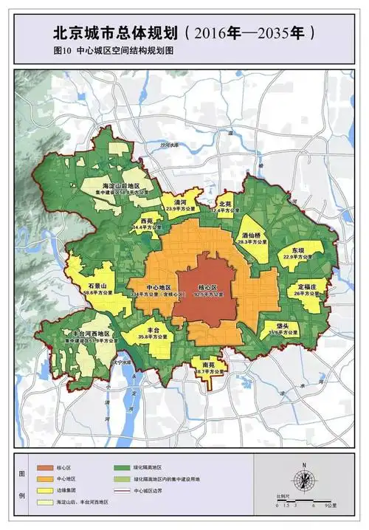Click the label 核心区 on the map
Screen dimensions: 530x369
pos(208,286)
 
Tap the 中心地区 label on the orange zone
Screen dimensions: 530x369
pos(159,286)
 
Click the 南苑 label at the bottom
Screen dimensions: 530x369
pos(209,364)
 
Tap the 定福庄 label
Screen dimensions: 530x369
pos(308,285)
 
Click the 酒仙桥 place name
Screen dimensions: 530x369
pos(253,236)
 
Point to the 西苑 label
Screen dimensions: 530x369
pos(146,221)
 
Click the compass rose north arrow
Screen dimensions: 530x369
pos(303,476)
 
